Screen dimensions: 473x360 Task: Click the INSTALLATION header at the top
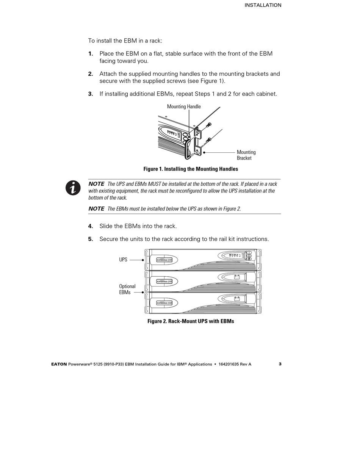(263, 5)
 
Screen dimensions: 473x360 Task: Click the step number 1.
(91, 54)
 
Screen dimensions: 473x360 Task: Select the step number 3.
(91, 94)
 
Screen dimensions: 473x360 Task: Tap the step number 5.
(91, 239)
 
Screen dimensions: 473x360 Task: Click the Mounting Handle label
(184, 107)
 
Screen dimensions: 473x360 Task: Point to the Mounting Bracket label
(246, 155)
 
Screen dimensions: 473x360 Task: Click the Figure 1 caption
(191, 169)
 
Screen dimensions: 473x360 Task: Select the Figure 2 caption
(191, 321)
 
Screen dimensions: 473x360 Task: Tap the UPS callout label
(123, 260)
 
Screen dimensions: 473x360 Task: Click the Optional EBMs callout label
(127, 290)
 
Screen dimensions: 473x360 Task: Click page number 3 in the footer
(280, 364)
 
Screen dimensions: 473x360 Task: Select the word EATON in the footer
(59, 364)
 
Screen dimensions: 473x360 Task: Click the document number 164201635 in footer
(230, 364)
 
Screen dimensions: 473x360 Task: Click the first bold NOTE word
(96, 184)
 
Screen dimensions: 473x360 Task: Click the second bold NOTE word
(96, 209)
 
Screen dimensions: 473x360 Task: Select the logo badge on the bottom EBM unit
(164, 303)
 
